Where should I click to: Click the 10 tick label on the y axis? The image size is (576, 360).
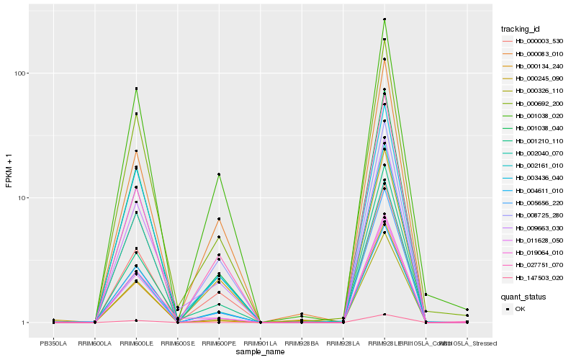22,198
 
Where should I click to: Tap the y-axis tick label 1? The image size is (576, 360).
24,323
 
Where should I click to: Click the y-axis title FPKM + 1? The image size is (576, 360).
9,171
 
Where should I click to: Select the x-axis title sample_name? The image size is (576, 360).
260,352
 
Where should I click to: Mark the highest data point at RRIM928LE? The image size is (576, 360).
384,19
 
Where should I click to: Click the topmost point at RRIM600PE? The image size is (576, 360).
219,174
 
